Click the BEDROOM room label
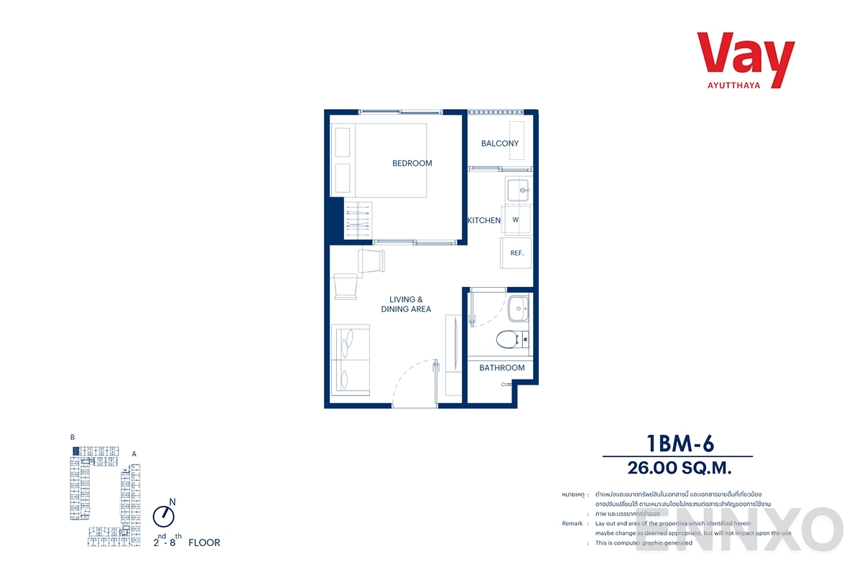[412, 164]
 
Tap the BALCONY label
[499, 143]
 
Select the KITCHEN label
[484, 220]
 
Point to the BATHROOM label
[501, 368]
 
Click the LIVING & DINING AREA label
[406, 304]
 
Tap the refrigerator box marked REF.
[516, 253]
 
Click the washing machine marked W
[516, 220]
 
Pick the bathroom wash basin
[518, 310]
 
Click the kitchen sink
[518, 190]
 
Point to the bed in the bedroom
[379, 160]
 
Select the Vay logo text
[745, 53]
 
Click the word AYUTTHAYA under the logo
[746, 84]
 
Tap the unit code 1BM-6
[677, 443]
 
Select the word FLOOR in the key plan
[204, 543]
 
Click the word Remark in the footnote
[572, 524]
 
